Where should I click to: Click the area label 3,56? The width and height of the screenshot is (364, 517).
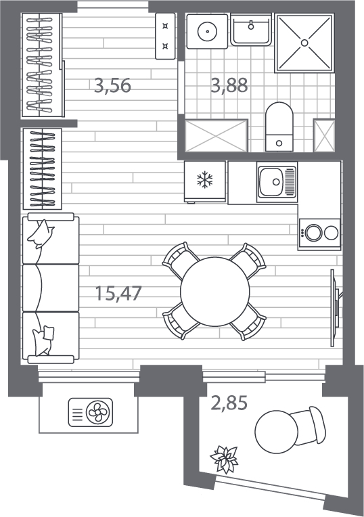pos(112,85)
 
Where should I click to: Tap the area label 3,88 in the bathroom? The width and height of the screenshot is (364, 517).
pos(229,85)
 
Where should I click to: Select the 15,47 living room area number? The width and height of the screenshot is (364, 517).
pos(118,293)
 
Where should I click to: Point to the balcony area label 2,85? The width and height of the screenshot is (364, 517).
pos(229,403)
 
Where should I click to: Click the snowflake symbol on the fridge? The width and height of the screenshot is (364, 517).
pos(205,180)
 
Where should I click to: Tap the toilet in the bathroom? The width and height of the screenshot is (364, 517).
pos(279,127)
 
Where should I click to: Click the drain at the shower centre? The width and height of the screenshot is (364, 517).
pos(304,43)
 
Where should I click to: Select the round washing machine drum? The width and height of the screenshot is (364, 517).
pos(208,32)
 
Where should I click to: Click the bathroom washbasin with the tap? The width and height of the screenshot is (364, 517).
pos(251,29)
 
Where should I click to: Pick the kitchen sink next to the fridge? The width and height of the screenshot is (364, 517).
pos(277,181)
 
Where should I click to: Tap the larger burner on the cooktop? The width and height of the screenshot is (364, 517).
pos(313,233)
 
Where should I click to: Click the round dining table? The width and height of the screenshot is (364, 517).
pos(214,292)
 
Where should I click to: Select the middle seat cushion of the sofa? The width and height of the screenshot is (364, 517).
pos(51,288)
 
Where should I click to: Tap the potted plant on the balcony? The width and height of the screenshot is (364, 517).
pos(224,459)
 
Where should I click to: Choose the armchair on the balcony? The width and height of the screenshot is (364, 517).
pos(310,426)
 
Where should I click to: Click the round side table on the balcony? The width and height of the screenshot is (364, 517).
pos(276,432)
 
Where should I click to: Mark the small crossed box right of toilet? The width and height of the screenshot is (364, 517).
pos(324,136)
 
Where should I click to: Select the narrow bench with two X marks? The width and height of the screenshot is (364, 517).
pos(165,37)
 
